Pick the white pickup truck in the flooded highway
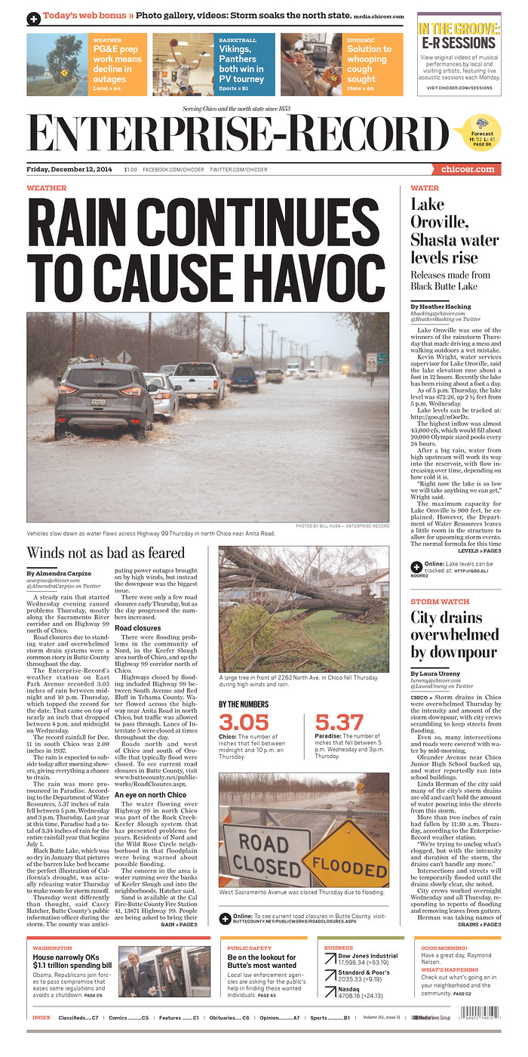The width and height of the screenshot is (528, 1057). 198,381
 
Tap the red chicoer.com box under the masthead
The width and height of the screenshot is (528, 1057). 467,170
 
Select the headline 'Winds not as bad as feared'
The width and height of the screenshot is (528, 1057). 106,553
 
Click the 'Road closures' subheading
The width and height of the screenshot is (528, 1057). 137,627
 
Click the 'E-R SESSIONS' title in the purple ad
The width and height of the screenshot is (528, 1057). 458,43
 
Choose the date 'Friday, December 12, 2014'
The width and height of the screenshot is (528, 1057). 69,170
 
